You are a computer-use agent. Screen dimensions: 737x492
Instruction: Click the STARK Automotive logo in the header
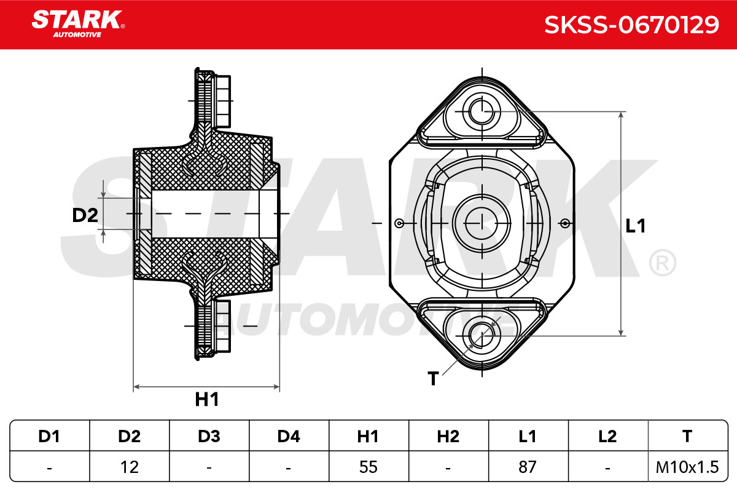(x=78, y=24)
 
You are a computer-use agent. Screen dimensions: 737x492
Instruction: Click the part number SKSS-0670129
(x=631, y=25)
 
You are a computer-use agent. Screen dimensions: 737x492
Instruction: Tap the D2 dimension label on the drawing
(x=85, y=215)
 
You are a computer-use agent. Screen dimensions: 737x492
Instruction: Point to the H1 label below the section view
(x=207, y=399)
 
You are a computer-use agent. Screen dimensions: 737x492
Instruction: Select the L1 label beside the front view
(x=635, y=226)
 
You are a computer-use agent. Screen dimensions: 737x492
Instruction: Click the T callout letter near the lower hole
(x=433, y=378)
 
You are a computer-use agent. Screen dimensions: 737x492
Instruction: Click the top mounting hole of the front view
(x=482, y=111)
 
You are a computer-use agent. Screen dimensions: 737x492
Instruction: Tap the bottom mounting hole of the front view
(x=482, y=335)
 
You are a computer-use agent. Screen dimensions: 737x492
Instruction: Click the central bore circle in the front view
(x=482, y=223)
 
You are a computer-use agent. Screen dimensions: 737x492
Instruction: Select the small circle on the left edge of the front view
(x=399, y=223)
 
